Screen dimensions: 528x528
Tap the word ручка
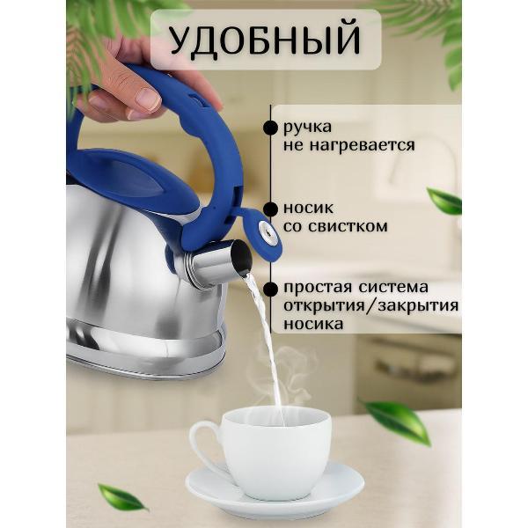click(307, 128)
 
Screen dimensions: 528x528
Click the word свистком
click(348, 226)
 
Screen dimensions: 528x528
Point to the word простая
click(318, 288)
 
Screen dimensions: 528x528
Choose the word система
click(393, 287)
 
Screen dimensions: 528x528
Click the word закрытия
click(418, 305)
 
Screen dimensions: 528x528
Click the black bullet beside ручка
click(270, 128)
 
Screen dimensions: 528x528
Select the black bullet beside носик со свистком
click(270, 209)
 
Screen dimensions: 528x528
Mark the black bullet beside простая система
click(270, 289)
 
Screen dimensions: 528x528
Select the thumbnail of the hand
click(148, 99)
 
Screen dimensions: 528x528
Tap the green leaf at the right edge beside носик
click(444, 201)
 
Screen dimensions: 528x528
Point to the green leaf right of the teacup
click(398, 421)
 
